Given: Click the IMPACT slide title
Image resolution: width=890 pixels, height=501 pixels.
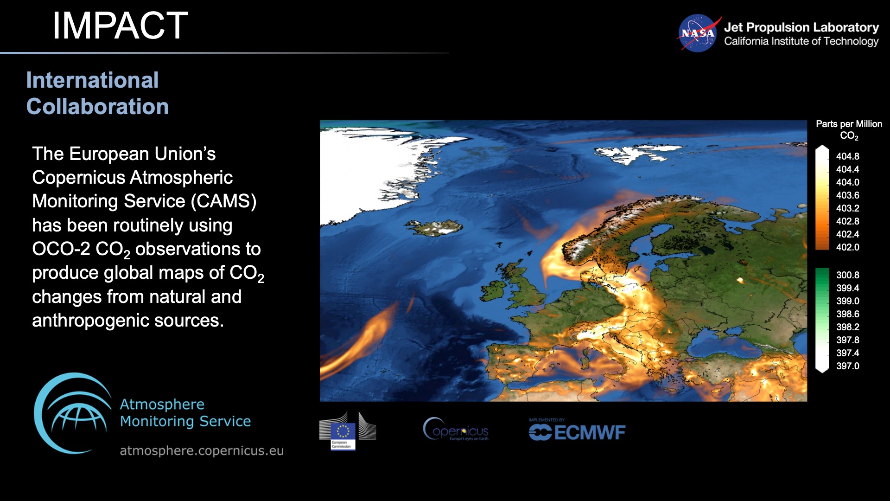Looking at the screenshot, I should (x=120, y=26).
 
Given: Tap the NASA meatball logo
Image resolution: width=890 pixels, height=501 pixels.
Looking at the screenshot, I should (x=698, y=33).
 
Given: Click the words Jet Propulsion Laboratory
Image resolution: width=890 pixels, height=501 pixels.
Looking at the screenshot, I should (x=801, y=27).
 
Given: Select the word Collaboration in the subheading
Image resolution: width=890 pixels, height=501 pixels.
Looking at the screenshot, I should (x=97, y=107).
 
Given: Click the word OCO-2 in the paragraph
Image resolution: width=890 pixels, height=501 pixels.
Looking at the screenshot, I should (x=61, y=249).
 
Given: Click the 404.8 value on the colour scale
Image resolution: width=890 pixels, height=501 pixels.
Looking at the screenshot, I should (x=847, y=156).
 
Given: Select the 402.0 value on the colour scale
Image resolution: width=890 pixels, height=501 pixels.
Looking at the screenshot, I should (x=847, y=247).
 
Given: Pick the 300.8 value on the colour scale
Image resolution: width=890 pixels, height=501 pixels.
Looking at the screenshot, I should (x=847, y=275).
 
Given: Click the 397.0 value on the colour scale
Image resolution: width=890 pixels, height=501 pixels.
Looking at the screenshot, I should (x=847, y=366).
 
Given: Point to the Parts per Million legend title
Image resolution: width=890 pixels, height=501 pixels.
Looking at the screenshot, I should (x=848, y=124).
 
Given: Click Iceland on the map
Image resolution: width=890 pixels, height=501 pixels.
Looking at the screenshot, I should (x=435, y=227).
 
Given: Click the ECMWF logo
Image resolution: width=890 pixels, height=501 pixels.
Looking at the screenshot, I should (x=577, y=432).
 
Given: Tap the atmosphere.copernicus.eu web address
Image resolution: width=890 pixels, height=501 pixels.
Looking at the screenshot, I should (x=202, y=451).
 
